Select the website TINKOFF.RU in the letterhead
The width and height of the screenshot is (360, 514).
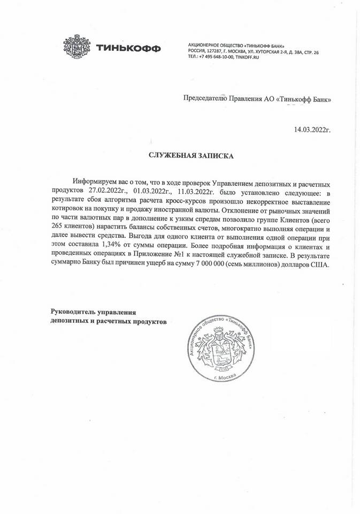tap(247, 57)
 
